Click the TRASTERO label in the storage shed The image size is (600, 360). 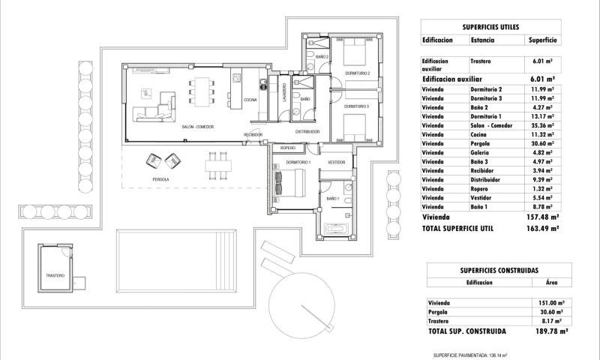55,275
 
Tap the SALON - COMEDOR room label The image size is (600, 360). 198,127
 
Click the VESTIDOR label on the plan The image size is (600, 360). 336,162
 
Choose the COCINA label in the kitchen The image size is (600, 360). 250,99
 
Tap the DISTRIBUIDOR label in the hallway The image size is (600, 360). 307,131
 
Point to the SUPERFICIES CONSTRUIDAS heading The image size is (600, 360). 496,269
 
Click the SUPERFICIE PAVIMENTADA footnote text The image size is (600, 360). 470,355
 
